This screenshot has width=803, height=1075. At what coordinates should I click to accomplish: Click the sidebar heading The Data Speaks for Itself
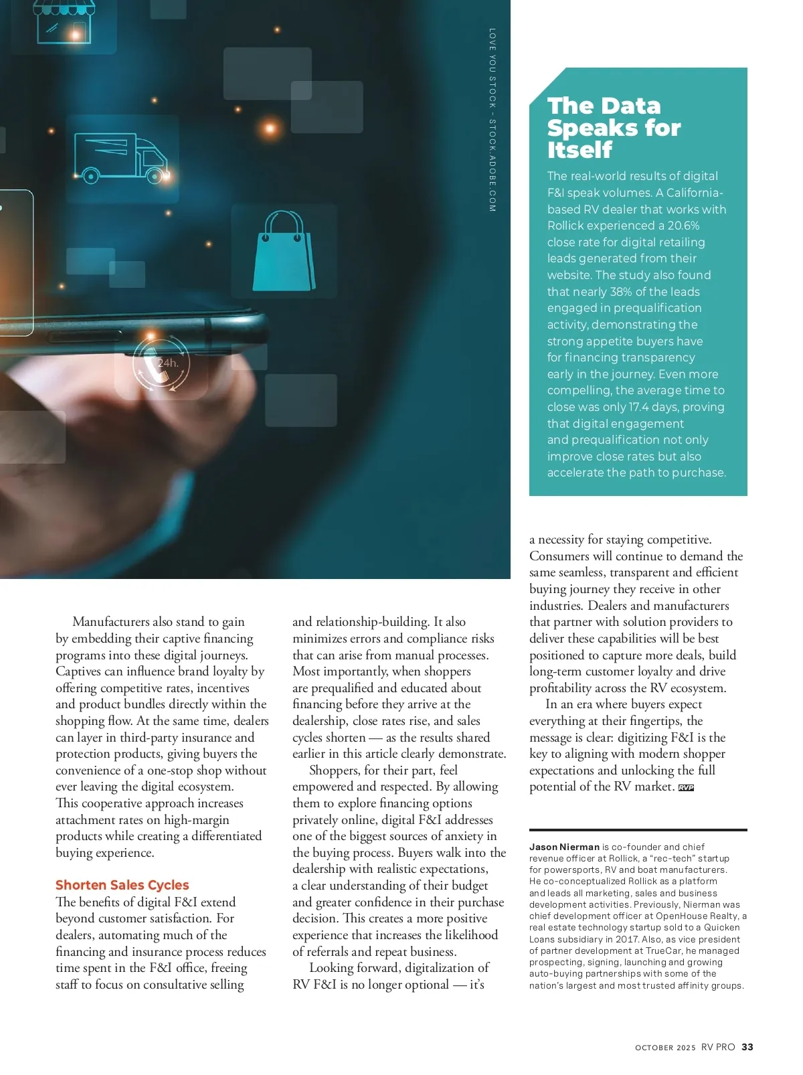613,127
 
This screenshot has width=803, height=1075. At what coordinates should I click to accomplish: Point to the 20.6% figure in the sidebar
683,226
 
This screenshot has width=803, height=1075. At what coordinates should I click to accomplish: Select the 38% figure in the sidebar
620,292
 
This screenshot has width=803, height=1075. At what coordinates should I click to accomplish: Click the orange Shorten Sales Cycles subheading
122,885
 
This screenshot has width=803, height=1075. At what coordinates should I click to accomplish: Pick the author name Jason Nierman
564,847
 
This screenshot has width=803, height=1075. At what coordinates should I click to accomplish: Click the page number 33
747,1047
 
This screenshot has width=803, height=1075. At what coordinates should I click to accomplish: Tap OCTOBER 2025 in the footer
665,1048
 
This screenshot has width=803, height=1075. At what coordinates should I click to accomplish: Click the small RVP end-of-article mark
686,788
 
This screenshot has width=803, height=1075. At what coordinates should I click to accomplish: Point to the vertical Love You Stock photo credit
493,120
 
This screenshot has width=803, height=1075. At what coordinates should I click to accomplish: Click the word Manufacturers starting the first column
111,622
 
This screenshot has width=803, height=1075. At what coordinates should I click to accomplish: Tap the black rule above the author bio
638,830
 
